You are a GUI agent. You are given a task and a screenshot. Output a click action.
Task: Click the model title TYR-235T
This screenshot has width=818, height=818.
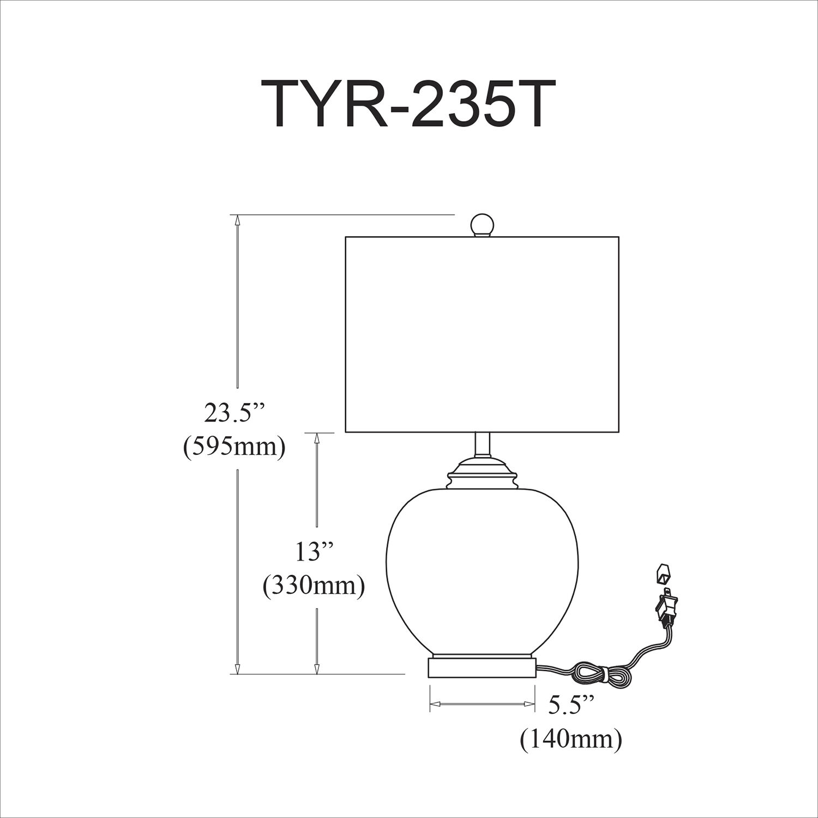(408, 104)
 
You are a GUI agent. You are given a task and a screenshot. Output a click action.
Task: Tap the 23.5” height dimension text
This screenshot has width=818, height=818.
(234, 414)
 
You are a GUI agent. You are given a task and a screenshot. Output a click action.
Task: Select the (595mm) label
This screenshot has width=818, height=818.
(234, 447)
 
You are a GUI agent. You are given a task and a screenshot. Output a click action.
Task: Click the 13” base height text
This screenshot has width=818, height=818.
(314, 552)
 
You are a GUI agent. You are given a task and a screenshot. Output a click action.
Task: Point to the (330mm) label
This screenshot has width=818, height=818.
(314, 586)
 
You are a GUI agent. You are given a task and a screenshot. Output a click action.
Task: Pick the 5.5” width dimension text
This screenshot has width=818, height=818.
(571, 705)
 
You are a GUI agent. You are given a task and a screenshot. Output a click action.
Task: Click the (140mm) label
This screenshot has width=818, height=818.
(571, 739)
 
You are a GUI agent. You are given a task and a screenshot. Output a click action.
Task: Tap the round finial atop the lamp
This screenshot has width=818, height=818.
(482, 224)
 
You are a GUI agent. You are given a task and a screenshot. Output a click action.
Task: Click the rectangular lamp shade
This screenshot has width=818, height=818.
(482, 334)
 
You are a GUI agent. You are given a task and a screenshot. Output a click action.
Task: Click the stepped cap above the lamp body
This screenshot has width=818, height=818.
(482, 472)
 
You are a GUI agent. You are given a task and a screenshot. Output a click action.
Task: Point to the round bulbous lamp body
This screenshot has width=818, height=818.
(482, 567)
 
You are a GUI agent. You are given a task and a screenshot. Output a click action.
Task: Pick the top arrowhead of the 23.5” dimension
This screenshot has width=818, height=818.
(237, 220)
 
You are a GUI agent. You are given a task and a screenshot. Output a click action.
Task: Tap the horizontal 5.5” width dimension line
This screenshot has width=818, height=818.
(482, 705)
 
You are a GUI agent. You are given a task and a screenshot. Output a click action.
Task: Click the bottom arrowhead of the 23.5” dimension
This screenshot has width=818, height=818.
(237, 669)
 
